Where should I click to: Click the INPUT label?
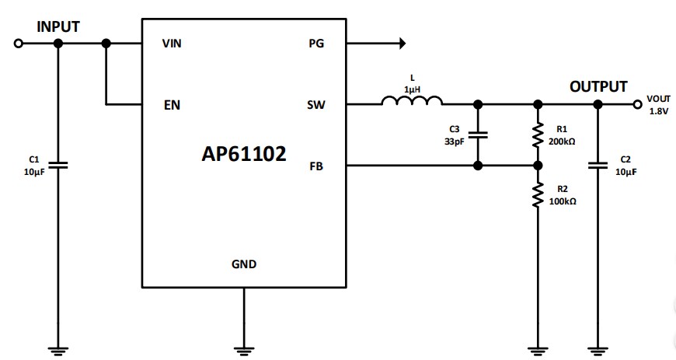(58, 26)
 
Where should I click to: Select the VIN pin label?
(171, 44)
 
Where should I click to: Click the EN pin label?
(172, 104)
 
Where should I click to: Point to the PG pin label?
(316, 44)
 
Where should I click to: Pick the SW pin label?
(315, 104)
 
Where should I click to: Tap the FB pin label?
(316, 166)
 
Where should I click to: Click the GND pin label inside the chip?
(244, 264)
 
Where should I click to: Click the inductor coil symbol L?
(412, 100)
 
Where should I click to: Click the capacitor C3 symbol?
(478, 135)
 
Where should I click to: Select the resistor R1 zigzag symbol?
(537, 135)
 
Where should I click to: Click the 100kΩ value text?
(563, 201)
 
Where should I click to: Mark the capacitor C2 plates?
(598, 165)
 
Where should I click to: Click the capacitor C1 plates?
(58, 165)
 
